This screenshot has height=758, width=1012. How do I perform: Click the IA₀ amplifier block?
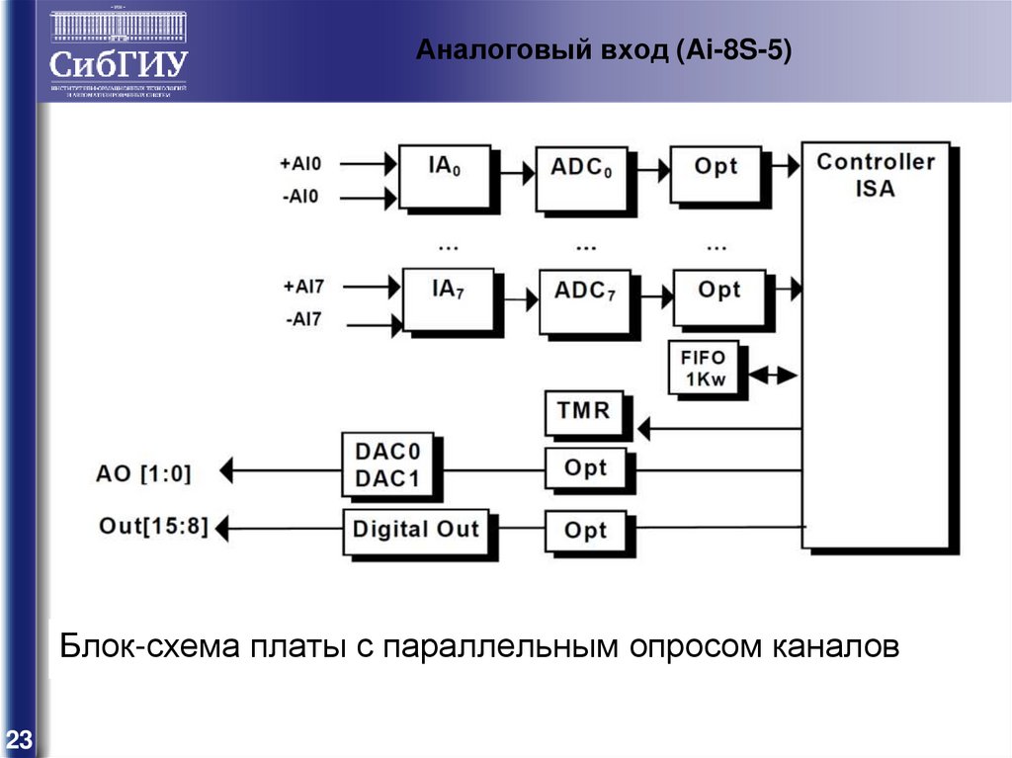445,175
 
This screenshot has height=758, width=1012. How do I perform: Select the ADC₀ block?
581,176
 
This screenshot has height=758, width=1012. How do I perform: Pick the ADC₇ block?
583,298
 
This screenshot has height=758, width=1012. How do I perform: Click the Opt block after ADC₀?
716,173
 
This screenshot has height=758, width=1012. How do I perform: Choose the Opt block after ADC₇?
718,296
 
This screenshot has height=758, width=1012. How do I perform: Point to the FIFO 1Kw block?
704,369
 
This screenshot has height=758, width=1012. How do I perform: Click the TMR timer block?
584,412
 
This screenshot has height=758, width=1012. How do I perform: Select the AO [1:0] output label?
144,473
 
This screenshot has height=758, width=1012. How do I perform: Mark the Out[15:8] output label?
154,527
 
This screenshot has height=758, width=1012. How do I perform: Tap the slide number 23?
19,738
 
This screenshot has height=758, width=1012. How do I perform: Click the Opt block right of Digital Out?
585,531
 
